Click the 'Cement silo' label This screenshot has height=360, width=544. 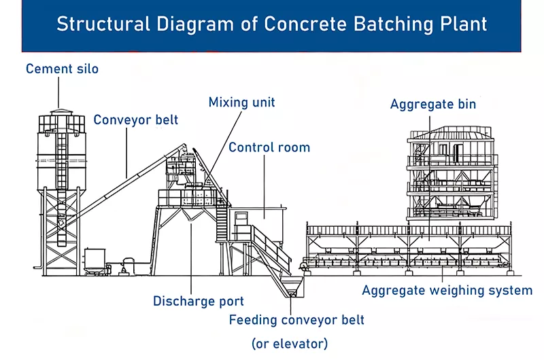click(x=62, y=69)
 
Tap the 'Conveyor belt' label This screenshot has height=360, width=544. click(x=136, y=120)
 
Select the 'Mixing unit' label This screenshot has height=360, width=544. click(x=241, y=103)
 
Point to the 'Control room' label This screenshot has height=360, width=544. click(x=269, y=147)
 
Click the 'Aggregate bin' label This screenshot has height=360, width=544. click(x=433, y=105)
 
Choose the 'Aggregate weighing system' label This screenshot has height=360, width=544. click(x=447, y=291)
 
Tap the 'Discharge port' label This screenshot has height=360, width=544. click(x=198, y=301)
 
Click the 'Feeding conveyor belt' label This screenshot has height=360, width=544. click(x=296, y=319)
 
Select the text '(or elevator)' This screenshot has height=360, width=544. click(x=290, y=343)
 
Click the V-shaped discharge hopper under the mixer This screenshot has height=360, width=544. click(x=192, y=216)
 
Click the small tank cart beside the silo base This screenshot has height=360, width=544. click(x=95, y=260)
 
